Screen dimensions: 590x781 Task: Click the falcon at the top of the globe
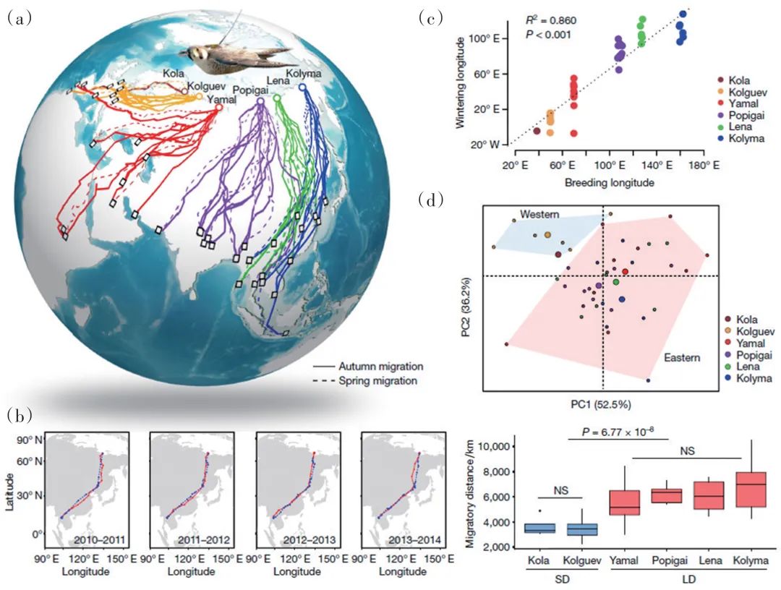229,53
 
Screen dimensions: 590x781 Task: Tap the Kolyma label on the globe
304,75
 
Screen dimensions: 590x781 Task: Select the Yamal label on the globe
221,100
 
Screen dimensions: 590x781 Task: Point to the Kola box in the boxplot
540,528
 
